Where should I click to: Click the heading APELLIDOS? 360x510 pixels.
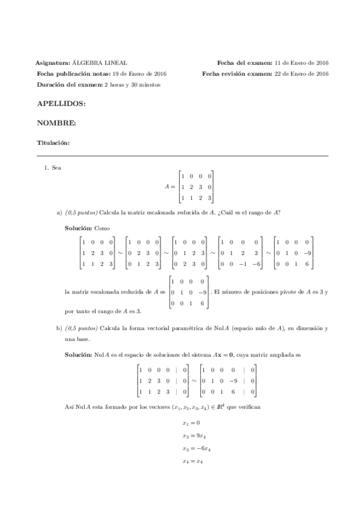click(x=61, y=104)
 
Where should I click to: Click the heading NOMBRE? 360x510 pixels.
click(x=56, y=123)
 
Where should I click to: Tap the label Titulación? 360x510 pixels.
click(x=53, y=143)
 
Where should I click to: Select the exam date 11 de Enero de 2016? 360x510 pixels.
click(x=301, y=63)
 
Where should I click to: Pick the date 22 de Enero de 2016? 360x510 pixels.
click(x=301, y=73)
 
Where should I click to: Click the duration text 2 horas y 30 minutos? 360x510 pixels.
click(x=132, y=84)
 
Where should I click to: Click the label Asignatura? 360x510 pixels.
click(x=53, y=63)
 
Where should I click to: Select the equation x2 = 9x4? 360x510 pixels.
click(x=193, y=435)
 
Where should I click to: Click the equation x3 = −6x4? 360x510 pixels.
click(x=195, y=449)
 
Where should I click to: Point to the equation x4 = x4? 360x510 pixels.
click(x=192, y=462)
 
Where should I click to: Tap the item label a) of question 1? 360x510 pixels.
click(x=59, y=212)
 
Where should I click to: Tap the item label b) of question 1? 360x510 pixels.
click(x=59, y=329)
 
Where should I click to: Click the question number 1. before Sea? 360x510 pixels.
click(x=47, y=168)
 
